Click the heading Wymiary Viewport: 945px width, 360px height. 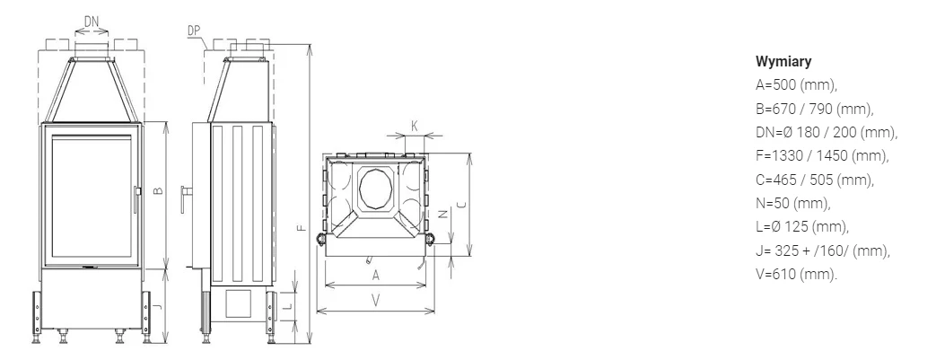[783, 62]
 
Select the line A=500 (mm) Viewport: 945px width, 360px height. [796, 85]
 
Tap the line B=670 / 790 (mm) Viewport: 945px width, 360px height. [814, 109]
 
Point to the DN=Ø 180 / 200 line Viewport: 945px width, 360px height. [827, 132]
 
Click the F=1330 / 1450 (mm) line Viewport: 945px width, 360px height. [822, 155]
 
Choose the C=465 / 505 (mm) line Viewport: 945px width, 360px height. [815, 180]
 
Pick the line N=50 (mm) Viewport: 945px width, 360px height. [792, 203]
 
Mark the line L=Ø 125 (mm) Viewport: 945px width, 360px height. [802, 227]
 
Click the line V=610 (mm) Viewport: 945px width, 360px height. [796, 275]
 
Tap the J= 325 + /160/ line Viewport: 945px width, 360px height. [823, 250]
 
